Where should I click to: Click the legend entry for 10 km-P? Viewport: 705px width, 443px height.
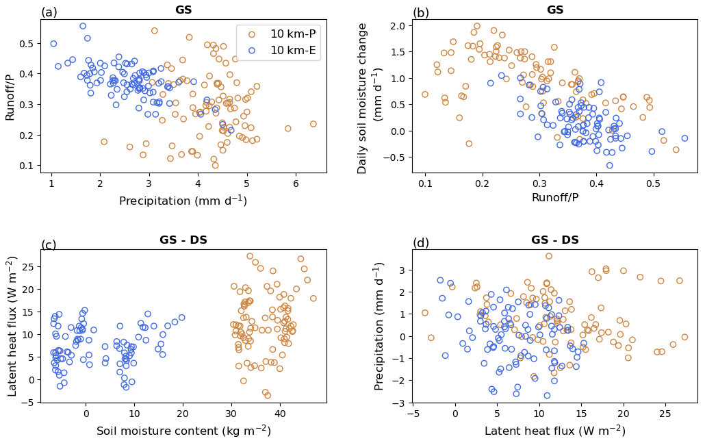click(292, 34)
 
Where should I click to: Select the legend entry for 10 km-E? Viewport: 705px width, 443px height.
click(292, 50)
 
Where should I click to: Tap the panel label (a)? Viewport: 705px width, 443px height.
click(49, 12)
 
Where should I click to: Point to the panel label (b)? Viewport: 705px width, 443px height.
click(421, 13)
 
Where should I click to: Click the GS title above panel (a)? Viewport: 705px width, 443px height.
click(183, 10)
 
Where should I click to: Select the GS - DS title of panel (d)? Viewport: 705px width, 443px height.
click(554, 240)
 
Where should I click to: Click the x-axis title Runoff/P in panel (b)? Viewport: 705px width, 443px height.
click(554, 198)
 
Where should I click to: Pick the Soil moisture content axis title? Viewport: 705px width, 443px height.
click(183, 431)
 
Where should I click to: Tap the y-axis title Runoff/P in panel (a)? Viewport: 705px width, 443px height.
click(10, 96)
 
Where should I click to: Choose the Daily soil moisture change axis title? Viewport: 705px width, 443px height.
click(370, 98)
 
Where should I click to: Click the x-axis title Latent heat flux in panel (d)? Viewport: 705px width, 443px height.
click(554, 431)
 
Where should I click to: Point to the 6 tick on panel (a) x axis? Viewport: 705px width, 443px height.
click(296, 184)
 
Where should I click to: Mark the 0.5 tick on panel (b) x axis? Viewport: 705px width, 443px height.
click(653, 184)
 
